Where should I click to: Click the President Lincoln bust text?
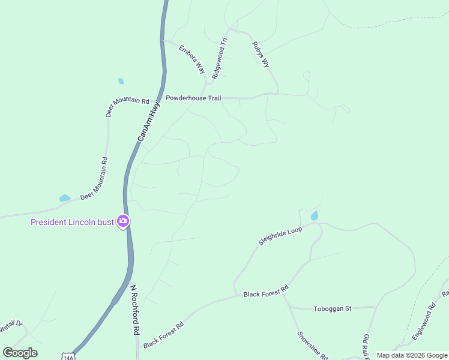pyautogui.click(x=72, y=223)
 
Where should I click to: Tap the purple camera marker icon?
pyautogui.click(x=124, y=222)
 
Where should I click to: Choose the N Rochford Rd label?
pyautogui.click(x=136, y=309)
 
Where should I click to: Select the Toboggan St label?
pyautogui.click(x=332, y=309)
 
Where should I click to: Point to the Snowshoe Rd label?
pyautogui.click(x=312, y=345)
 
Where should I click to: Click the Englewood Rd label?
pyautogui.click(x=423, y=325)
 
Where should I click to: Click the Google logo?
pyautogui.click(x=20, y=353)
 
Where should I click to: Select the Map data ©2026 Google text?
pyautogui.click(x=412, y=355)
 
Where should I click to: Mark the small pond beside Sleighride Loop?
pyautogui.click(x=314, y=216)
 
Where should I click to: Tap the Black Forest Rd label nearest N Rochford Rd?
pyautogui.click(x=163, y=334)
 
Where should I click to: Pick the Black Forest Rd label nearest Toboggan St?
pyautogui.click(x=266, y=291)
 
